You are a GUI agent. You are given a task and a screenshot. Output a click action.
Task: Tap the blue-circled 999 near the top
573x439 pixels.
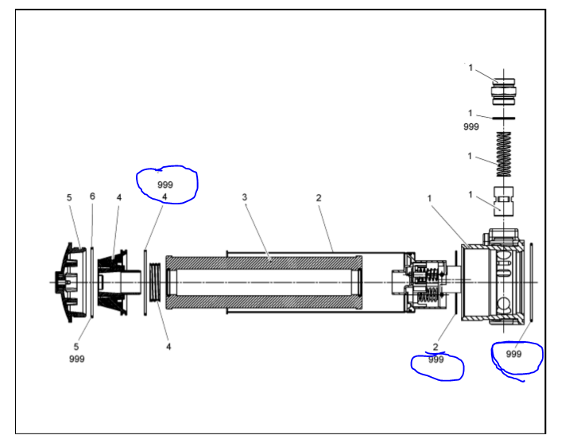pyautogui.click(x=165, y=184)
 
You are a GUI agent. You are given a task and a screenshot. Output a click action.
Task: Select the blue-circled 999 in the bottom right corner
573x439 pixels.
pyautogui.click(x=514, y=354)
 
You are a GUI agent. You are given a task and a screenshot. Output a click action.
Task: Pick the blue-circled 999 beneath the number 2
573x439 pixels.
pyautogui.click(x=436, y=359)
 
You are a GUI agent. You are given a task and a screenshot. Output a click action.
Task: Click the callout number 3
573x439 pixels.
pyautogui.click(x=245, y=196)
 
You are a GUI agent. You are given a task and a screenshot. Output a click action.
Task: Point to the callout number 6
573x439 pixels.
pyautogui.click(x=92, y=196)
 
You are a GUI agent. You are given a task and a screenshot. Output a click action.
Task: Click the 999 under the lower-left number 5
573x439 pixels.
pyautogui.click(x=76, y=359)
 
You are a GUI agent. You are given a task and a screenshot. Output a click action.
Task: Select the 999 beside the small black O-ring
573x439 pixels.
pyautogui.click(x=471, y=126)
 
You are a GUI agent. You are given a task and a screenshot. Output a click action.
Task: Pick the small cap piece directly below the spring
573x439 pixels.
pyautogui.click(x=504, y=200)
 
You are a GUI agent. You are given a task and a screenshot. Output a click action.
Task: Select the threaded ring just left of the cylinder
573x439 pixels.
pyautogui.click(x=156, y=282)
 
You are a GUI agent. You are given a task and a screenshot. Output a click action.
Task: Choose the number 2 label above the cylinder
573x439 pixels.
pyautogui.click(x=319, y=196)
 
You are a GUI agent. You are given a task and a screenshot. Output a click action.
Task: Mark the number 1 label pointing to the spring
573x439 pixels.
pyautogui.click(x=470, y=156)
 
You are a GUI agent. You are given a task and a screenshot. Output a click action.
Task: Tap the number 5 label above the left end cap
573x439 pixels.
pyautogui.click(x=69, y=196)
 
